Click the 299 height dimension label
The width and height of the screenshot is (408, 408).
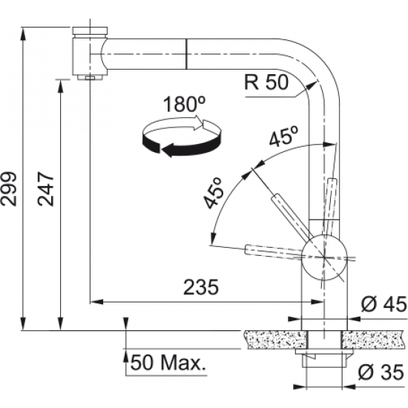[9, 188]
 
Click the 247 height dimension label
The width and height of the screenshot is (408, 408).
[46, 188]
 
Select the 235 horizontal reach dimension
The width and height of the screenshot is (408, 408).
[201, 288]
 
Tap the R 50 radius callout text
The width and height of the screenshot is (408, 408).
[266, 82]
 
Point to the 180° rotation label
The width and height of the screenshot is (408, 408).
[184, 104]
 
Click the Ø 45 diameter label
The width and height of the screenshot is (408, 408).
[384, 304]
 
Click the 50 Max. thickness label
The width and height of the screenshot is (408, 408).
[168, 363]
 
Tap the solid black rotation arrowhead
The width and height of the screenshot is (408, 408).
[168, 151]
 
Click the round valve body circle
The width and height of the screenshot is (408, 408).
[324, 257]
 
